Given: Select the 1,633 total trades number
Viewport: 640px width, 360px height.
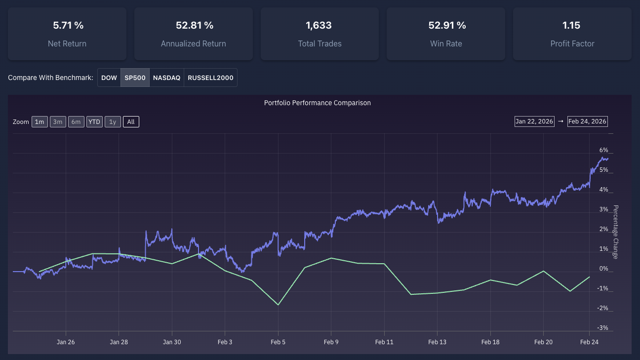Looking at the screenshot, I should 319,25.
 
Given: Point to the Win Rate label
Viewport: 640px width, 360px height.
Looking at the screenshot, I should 446,43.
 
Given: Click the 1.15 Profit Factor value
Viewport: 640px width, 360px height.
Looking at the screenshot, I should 572,25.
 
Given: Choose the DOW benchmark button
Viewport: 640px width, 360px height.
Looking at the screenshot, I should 109,78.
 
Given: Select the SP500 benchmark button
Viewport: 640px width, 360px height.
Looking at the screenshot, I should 135,78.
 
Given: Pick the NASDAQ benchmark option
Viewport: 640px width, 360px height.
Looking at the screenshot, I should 166,78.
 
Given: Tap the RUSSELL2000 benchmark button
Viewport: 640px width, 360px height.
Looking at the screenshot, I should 210,78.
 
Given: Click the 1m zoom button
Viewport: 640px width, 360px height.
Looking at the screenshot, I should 40,122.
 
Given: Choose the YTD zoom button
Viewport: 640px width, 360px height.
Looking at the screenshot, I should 94,122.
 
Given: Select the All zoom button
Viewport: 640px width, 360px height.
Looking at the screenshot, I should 131,122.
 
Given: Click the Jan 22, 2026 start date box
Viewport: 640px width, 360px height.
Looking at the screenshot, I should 535,121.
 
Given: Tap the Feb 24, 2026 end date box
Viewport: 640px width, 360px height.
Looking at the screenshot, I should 587,121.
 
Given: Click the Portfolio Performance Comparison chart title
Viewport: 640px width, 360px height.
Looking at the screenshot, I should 317,103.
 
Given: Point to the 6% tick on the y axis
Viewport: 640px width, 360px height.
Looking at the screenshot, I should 603,150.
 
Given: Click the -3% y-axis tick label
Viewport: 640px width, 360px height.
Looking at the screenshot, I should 603,328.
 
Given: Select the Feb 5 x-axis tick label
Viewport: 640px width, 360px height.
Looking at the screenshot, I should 278,342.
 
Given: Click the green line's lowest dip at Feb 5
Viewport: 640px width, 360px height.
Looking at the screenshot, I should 278,305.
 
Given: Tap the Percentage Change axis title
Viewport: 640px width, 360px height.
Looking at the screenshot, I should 615,232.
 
